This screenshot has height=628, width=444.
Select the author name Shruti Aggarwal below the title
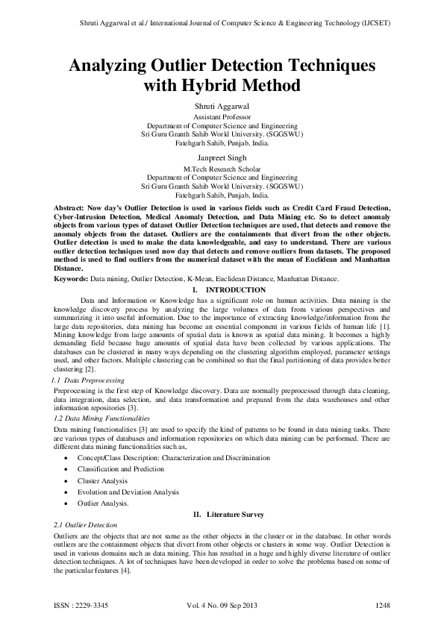222,108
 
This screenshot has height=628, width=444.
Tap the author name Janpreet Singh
222,158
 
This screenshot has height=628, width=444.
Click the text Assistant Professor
222,118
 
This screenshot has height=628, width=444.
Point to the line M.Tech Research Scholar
222,169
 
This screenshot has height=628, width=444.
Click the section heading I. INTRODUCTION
222,289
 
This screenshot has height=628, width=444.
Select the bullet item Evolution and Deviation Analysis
128,492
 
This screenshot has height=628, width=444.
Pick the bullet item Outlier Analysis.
103,503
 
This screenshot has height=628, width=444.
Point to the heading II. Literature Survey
222,515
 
